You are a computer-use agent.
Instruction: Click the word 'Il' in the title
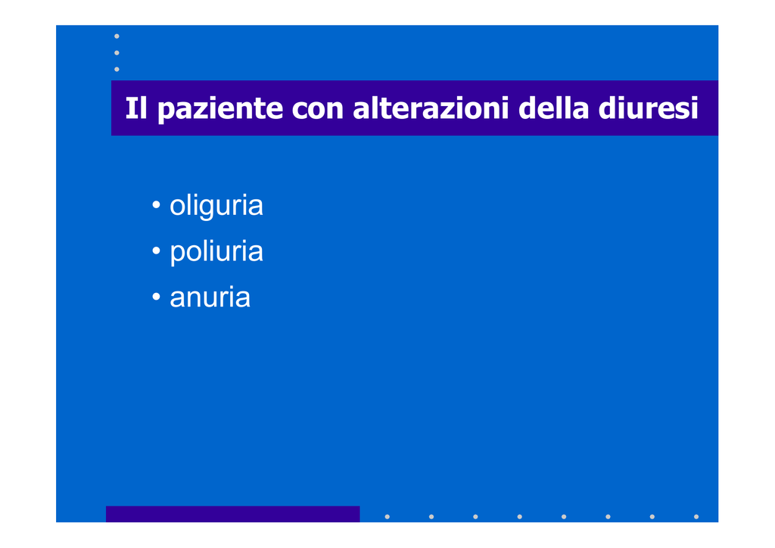pyautogui.click(x=136, y=107)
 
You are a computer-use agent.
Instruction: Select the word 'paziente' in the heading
pyautogui.click(x=220, y=110)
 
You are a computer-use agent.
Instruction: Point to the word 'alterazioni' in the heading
pyautogui.click(x=431, y=107)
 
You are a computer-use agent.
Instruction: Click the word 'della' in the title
pyautogui.click(x=553, y=107)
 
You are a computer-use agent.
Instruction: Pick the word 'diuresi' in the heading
pyautogui.click(x=648, y=107)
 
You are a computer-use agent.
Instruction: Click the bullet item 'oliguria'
pyautogui.click(x=216, y=206)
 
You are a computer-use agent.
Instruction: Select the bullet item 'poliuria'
pyautogui.click(x=216, y=252)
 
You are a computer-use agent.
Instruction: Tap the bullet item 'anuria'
pyautogui.click(x=210, y=297)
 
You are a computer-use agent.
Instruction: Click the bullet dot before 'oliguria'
pyautogui.click(x=156, y=204)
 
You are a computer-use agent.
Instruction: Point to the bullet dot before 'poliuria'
pyautogui.click(x=156, y=251)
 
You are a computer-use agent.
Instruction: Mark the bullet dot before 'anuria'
pyautogui.click(x=156, y=297)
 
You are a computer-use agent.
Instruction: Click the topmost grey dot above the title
pyautogui.click(x=117, y=36)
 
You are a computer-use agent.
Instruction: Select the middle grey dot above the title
pyautogui.click(x=117, y=53)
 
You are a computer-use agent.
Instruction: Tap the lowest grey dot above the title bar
pyautogui.click(x=117, y=69)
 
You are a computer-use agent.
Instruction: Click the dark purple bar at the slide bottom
pyautogui.click(x=233, y=514)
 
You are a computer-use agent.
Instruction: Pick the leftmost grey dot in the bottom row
pyautogui.click(x=387, y=517)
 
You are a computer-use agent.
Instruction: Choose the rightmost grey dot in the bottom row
pyautogui.click(x=696, y=517)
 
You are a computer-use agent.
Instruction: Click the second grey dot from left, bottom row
pyautogui.click(x=431, y=517)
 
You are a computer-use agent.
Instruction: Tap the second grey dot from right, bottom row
pyautogui.click(x=652, y=517)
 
